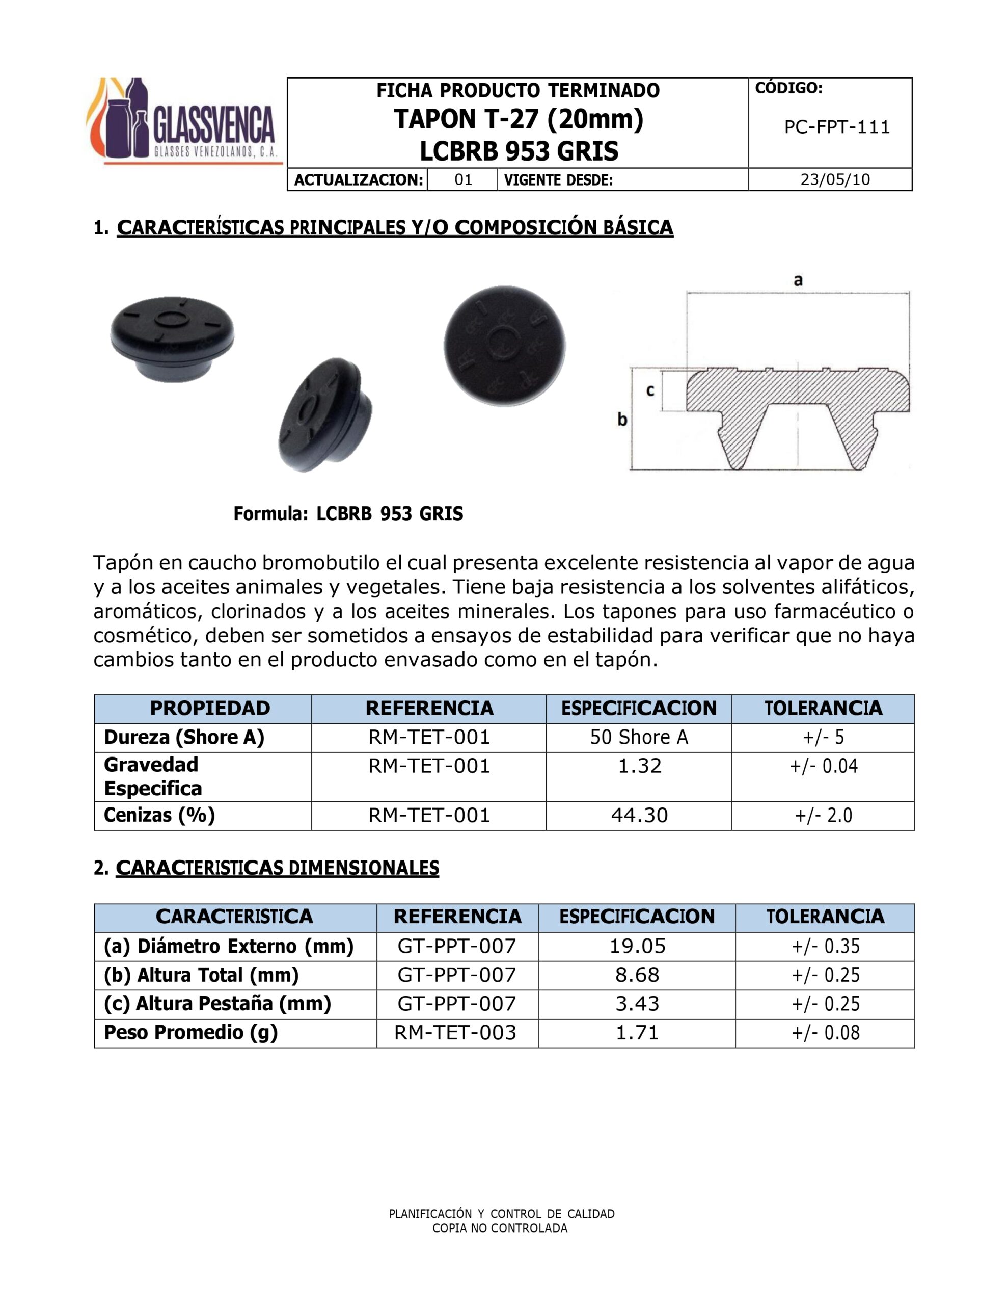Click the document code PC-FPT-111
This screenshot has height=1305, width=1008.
tap(837, 127)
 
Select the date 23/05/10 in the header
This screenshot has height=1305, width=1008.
tap(835, 180)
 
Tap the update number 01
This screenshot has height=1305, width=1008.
tap(463, 180)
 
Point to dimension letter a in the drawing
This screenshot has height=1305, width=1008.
tap(798, 280)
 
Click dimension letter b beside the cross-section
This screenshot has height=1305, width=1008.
tap(622, 420)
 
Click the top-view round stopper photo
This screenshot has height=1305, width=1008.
tap(505, 346)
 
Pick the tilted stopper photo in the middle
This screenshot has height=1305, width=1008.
tap(325, 414)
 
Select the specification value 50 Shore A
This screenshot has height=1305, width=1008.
tap(639, 737)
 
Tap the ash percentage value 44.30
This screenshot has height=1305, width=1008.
tap(639, 815)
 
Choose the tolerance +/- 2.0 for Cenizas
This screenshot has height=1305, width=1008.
tap(823, 815)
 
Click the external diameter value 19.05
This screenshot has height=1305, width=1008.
tap(637, 946)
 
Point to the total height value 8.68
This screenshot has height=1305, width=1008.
tap(637, 975)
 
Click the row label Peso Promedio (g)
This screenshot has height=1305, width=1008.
tap(190, 1032)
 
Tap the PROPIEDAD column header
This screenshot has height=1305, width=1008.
tap(210, 708)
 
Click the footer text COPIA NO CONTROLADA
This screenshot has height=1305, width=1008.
tap(500, 1228)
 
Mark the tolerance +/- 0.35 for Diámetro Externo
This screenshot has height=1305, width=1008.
tap(825, 946)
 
